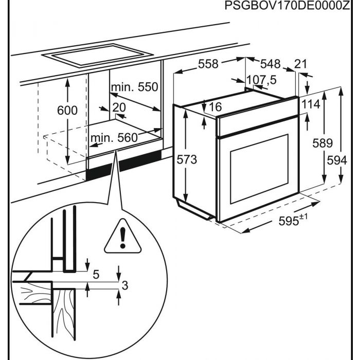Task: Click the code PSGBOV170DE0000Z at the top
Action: pyautogui.click(x=291, y=6)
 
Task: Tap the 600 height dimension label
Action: pyautogui.click(x=67, y=110)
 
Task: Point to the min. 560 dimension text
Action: pyautogui.click(x=114, y=138)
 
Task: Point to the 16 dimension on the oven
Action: pyautogui.click(x=215, y=107)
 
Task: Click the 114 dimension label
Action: pyautogui.click(x=311, y=104)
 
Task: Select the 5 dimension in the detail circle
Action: pyautogui.click(x=96, y=274)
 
